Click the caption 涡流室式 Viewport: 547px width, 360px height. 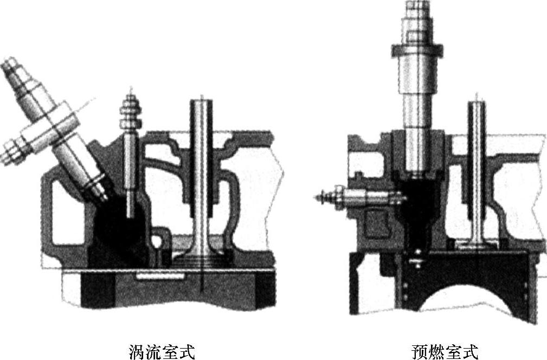(161, 351)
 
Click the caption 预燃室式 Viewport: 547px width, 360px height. (445, 351)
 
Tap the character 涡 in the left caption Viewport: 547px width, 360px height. (136, 351)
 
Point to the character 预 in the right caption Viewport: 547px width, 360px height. (419, 351)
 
